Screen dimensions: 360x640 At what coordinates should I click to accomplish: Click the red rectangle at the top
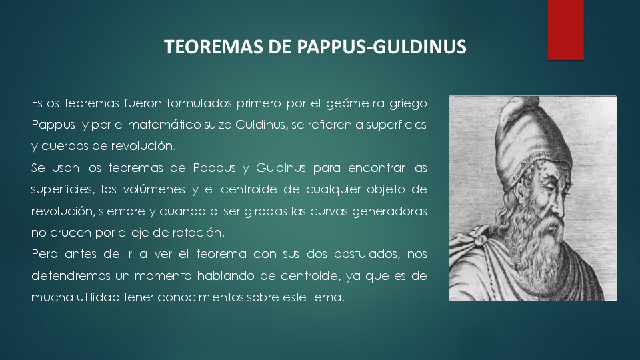pos(565,30)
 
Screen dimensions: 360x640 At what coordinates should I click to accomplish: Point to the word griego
pos(408,104)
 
